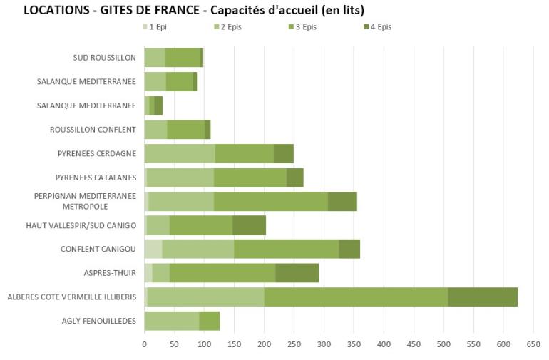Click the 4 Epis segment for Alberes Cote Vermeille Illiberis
click(x=482, y=297)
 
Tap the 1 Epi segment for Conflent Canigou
click(x=153, y=249)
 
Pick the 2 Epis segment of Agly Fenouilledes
click(x=172, y=321)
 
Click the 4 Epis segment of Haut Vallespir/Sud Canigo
click(x=249, y=225)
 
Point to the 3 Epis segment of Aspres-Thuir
click(x=222, y=273)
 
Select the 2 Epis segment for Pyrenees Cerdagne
click(x=180, y=153)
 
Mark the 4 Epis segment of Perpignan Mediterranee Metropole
click(x=342, y=201)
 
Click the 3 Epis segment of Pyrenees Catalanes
click(x=250, y=178)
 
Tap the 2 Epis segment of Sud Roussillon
click(x=155, y=58)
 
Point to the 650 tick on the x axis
click(x=533, y=344)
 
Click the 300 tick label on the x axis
click(x=324, y=344)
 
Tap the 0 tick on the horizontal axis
click(x=145, y=344)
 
